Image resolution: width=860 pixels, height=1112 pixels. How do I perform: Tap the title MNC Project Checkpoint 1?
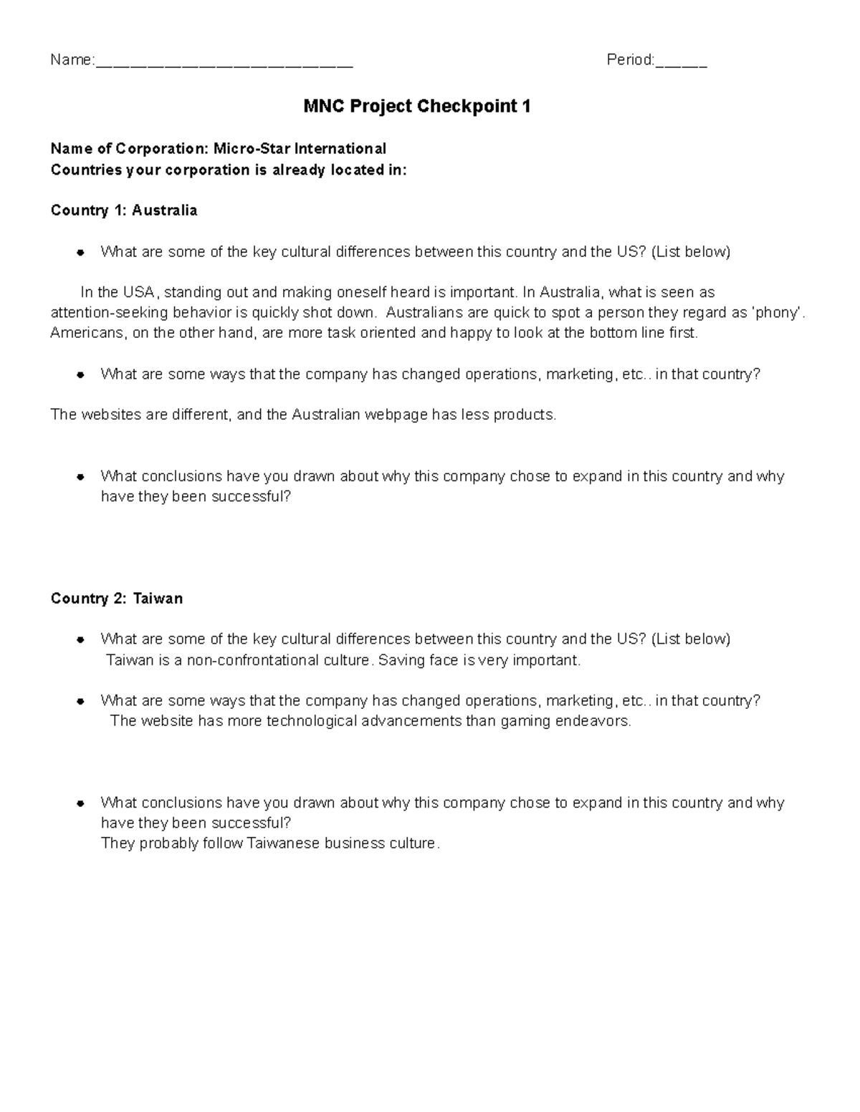coord(417,107)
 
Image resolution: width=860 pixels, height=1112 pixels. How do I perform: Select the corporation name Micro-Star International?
coord(300,148)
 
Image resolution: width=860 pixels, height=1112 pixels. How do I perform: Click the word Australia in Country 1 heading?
coord(164,211)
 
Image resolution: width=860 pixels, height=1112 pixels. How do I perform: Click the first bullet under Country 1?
coord(81,252)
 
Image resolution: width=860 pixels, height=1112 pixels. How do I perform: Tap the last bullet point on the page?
coord(81,803)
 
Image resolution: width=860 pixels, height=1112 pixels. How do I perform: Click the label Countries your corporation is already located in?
coord(228,170)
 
